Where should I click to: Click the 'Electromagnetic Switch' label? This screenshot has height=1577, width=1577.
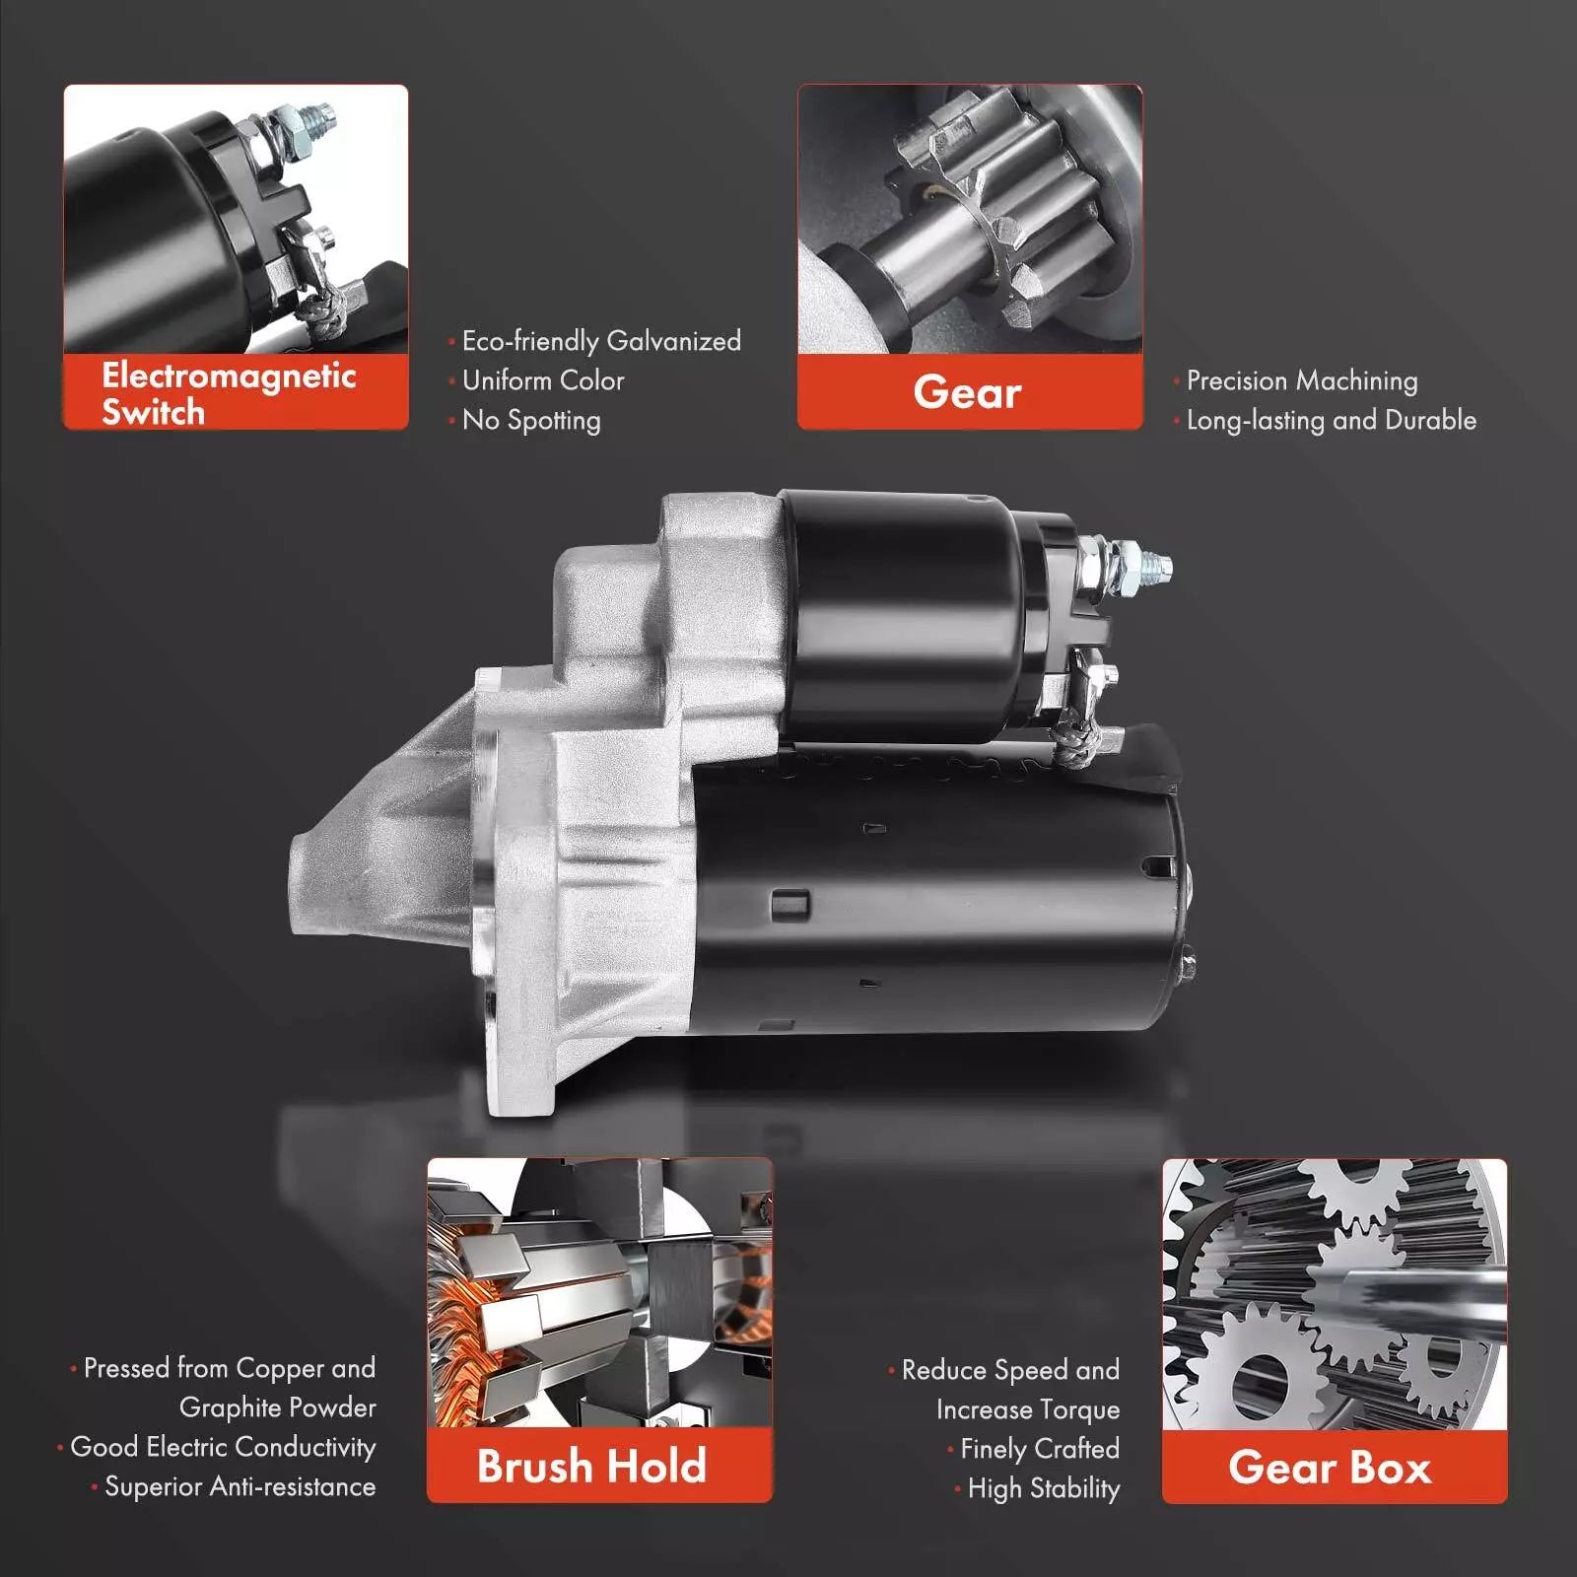(x=229, y=393)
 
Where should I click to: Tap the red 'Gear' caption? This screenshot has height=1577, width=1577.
(x=968, y=392)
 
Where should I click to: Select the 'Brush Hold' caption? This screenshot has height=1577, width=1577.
(x=591, y=1466)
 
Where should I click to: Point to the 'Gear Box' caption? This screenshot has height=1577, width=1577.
(x=1330, y=1468)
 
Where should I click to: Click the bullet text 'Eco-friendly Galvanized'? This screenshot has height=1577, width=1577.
(x=601, y=341)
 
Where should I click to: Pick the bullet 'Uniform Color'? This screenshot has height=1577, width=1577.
(x=543, y=380)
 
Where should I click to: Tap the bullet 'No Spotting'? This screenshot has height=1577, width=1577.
(x=531, y=420)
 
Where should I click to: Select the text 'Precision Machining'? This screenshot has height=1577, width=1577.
(x=1302, y=380)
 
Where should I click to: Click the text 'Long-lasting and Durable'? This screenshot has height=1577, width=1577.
(x=1332, y=420)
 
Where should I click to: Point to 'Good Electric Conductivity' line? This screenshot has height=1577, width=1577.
(x=223, y=1447)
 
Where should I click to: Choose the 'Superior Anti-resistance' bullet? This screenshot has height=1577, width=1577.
(x=240, y=1486)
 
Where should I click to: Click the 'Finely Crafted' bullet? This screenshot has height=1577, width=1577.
(x=1040, y=1449)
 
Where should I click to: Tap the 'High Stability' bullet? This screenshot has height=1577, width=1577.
(x=1044, y=1488)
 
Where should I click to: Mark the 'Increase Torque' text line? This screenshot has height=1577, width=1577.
(x=1028, y=1409)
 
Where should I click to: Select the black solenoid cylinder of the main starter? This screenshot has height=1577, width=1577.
(x=912, y=616)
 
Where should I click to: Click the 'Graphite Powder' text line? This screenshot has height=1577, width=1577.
(x=278, y=1407)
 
